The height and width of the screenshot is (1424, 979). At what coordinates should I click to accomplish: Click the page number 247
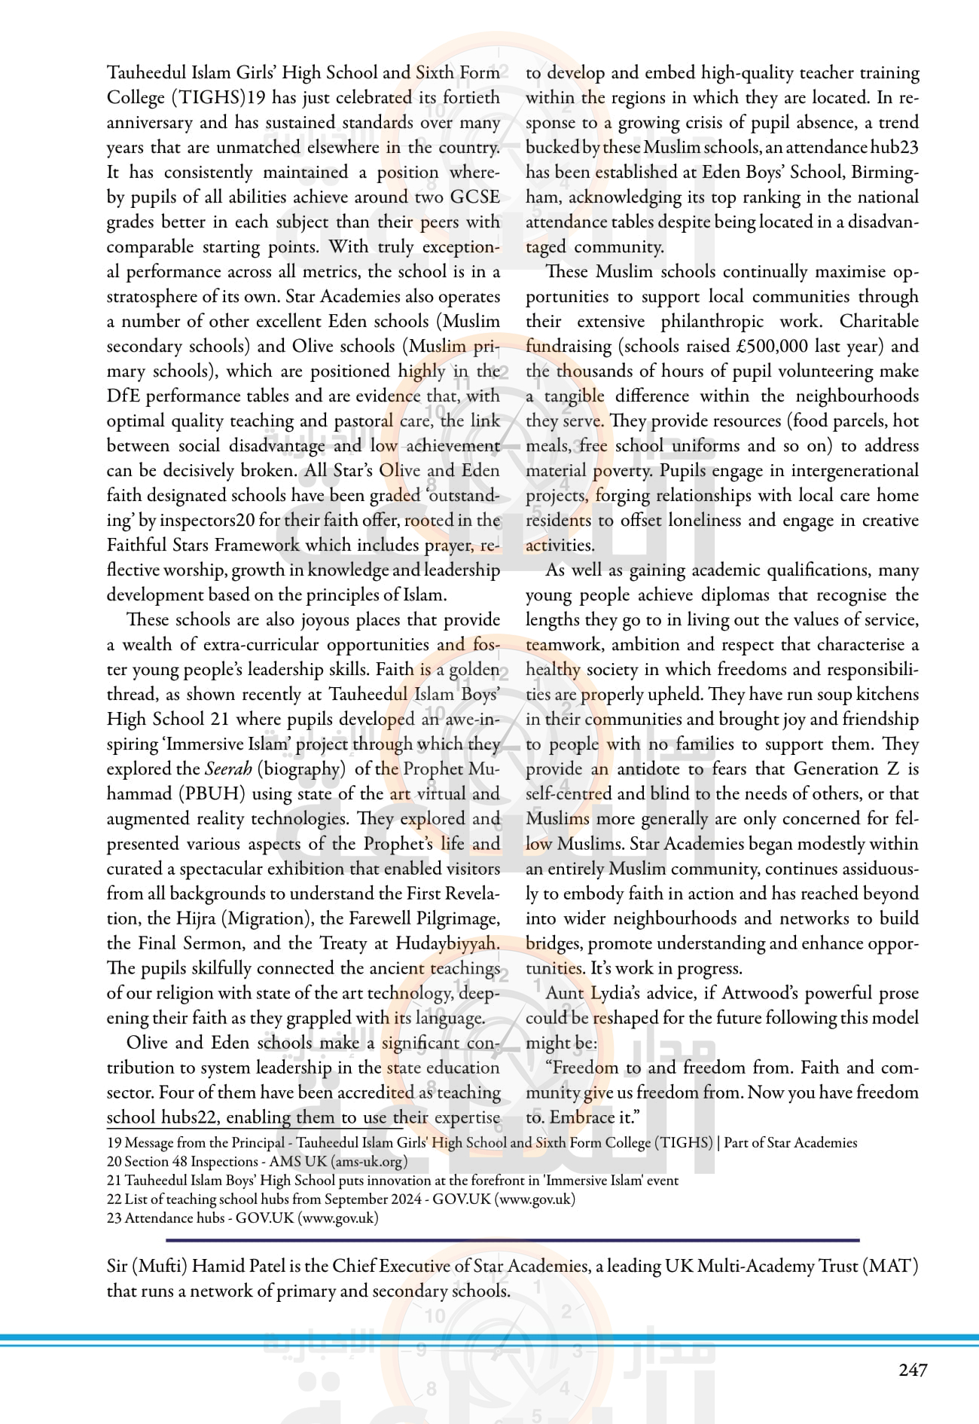coord(913,1370)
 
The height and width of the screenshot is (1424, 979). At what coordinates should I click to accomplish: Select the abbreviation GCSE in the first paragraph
coord(474,197)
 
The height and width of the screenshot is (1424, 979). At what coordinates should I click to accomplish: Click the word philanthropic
coord(712,321)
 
